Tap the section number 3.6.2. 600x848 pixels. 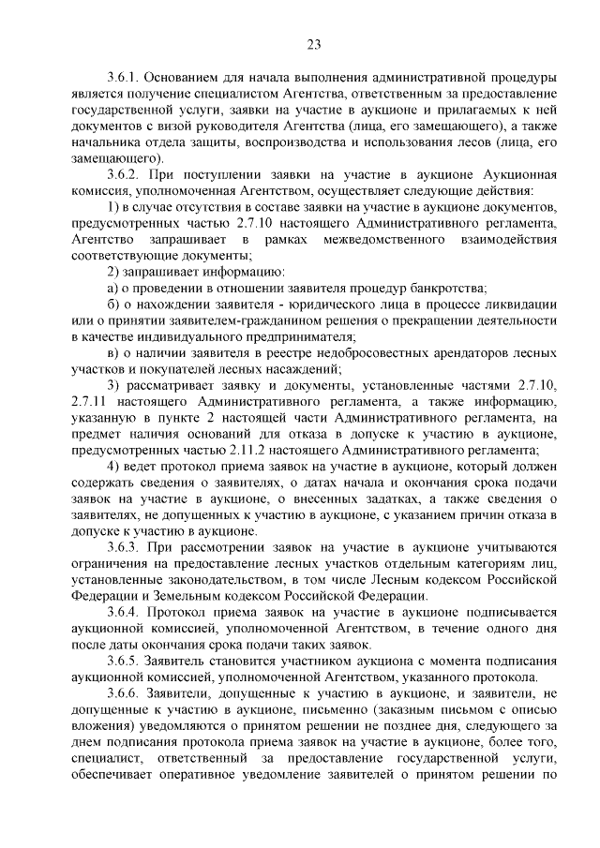coord(124,176)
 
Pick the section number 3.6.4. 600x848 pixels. coord(124,612)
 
